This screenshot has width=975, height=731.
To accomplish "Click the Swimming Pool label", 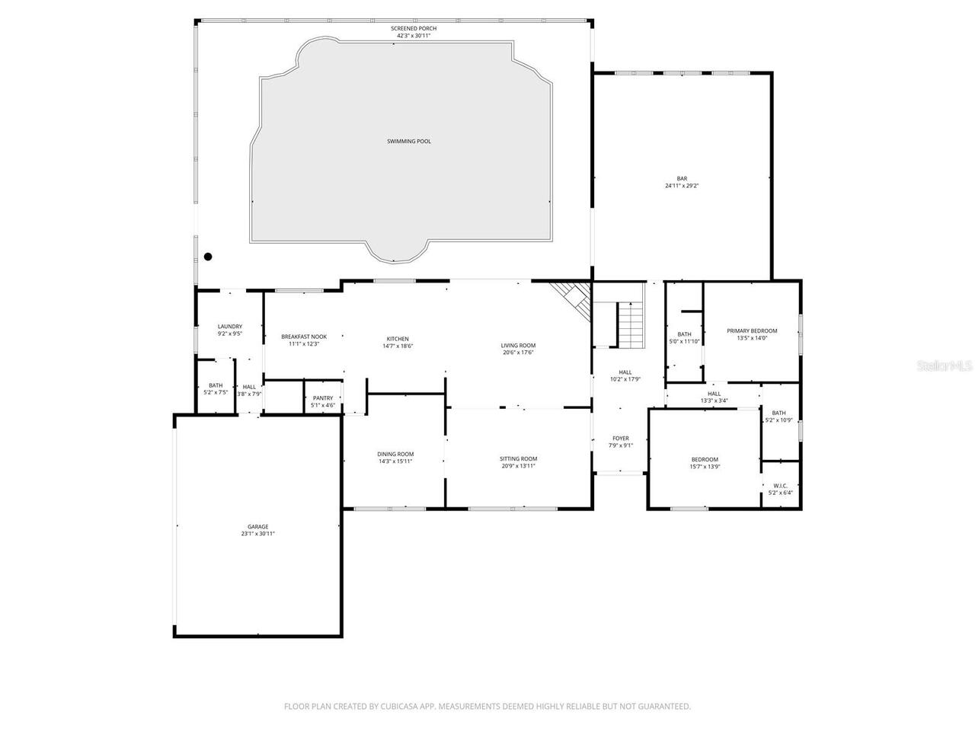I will point(408,141).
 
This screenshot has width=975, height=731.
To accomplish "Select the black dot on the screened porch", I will point(208,257).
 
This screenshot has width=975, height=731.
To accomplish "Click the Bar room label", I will point(682,178).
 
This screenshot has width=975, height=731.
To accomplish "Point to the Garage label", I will point(257,527).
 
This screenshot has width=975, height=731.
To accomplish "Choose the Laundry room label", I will point(229,327).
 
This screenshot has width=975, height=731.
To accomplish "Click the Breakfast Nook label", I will point(304,337).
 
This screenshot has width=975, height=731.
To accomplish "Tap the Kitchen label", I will point(398,339).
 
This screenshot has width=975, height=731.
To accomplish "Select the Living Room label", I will point(518,346).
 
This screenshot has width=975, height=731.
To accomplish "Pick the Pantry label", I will point(323,398).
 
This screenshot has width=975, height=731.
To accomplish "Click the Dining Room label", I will point(395,455).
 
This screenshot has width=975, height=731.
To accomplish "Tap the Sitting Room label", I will point(518,458).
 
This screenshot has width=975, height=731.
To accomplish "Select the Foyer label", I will point(621,439).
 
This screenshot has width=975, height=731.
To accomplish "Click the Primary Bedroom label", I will point(752,330).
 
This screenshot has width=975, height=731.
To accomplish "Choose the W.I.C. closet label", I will point(780,486).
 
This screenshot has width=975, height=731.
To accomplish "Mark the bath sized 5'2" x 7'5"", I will point(216,388).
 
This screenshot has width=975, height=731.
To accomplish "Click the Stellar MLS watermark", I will point(944,366).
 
